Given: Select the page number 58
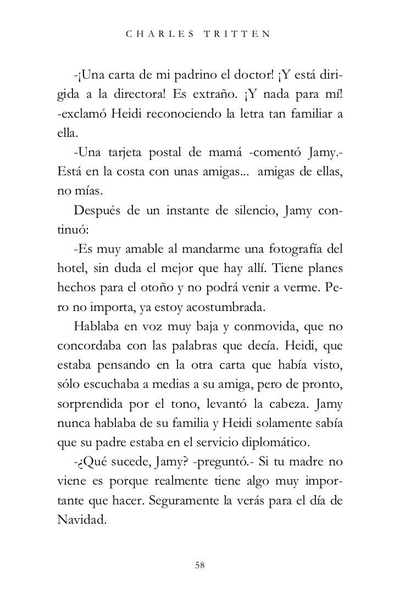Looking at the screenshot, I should coord(200,565).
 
